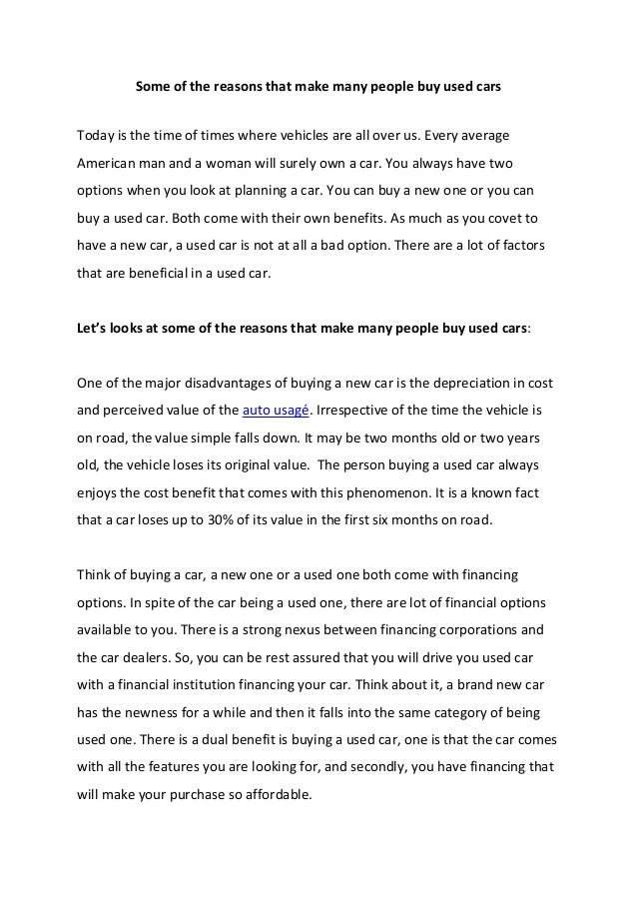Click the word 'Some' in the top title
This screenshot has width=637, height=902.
tap(153, 87)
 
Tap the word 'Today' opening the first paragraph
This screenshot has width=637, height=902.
tap(98, 134)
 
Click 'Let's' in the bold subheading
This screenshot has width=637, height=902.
tap(96, 326)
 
